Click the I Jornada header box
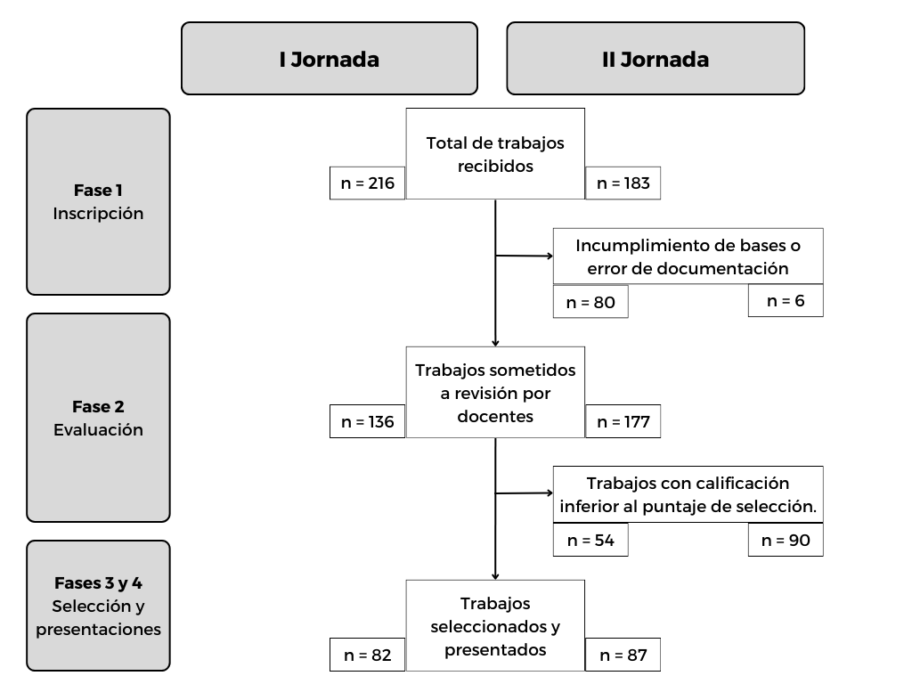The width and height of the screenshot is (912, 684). point(330,58)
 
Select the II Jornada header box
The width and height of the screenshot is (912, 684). point(655,58)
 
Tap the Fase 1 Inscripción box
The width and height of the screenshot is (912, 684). point(98,202)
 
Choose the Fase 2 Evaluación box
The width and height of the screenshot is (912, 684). point(98,418)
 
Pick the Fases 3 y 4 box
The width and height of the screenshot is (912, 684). point(98,606)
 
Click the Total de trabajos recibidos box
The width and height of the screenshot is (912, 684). point(495,153)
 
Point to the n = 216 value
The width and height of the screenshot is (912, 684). point(367,183)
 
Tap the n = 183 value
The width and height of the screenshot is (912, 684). point(623,183)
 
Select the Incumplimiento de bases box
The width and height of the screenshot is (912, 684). point(688,256)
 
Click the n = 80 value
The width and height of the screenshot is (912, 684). point(590,302)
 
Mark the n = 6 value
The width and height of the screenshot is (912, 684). point(786,301)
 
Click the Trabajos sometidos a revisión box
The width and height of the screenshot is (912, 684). point(495,393)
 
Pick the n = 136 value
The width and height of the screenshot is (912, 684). point(367,421)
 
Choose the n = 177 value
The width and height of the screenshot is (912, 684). point(623,421)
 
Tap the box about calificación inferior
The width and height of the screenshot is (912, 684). point(688,494)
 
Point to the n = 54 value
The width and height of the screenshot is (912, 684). point(590,541)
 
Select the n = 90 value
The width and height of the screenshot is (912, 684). point(786,541)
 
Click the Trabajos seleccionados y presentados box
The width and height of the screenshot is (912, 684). point(495,626)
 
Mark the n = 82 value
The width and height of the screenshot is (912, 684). point(367,655)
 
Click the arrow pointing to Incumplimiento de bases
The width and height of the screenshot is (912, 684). point(524,256)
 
